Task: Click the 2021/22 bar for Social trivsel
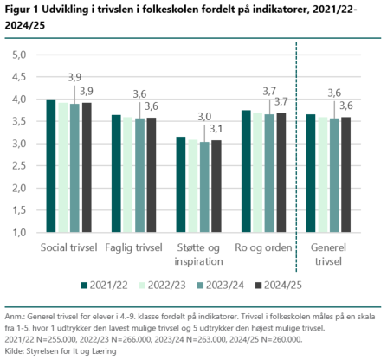click(51, 165)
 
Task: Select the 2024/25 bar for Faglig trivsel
click(152, 175)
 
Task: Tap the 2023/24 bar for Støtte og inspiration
click(204, 187)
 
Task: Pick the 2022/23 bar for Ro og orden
click(258, 172)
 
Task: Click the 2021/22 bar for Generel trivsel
click(311, 173)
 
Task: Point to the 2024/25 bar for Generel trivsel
click(346, 175)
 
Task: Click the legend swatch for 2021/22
click(84, 286)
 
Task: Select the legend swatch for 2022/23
click(142, 286)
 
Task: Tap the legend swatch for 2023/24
click(200, 286)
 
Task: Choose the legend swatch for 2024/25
click(259, 286)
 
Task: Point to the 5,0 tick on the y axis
click(19, 55)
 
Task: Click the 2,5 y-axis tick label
click(19, 166)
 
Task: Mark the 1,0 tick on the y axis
click(19, 233)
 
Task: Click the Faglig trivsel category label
click(133, 247)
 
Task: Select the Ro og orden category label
click(263, 247)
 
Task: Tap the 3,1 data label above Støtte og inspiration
click(216, 129)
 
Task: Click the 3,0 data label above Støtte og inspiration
click(204, 117)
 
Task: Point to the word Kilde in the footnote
click(15, 351)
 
